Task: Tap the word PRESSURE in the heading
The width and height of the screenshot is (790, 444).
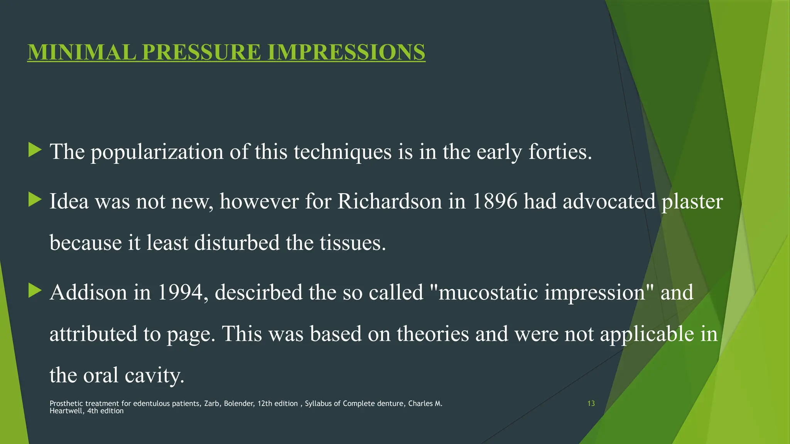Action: point(202,52)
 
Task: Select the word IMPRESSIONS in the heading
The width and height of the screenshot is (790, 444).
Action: point(346,52)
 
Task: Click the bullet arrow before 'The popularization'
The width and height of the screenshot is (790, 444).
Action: point(35,150)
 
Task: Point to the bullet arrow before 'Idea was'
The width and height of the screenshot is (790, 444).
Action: point(35,200)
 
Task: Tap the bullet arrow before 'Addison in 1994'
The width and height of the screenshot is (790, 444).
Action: point(35,291)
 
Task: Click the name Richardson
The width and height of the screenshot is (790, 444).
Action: point(390,201)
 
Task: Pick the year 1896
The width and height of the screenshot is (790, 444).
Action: point(495,201)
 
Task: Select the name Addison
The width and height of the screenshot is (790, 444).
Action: point(88,292)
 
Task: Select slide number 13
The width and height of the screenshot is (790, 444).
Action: point(591,404)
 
